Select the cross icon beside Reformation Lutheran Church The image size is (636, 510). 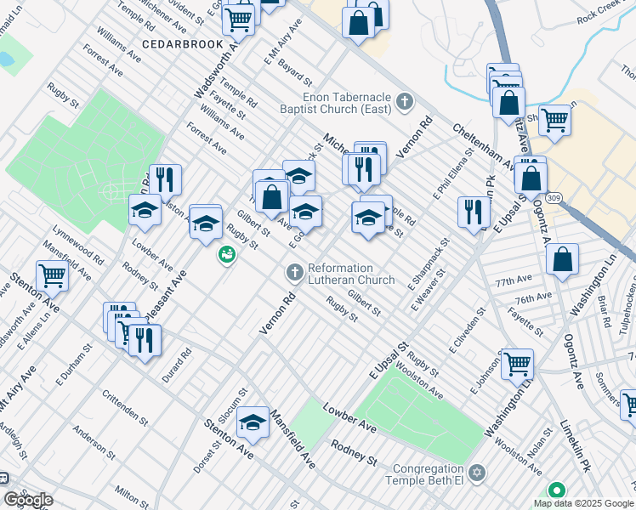click(x=294, y=272)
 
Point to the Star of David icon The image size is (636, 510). click(x=477, y=472)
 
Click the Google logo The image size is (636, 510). click(x=27, y=501)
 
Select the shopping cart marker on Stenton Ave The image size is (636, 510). click(x=53, y=275)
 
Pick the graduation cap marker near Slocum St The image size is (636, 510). click(x=253, y=422)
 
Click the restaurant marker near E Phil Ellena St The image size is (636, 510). click(x=473, y=212)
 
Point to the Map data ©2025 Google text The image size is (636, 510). click(x=584, y=503)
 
